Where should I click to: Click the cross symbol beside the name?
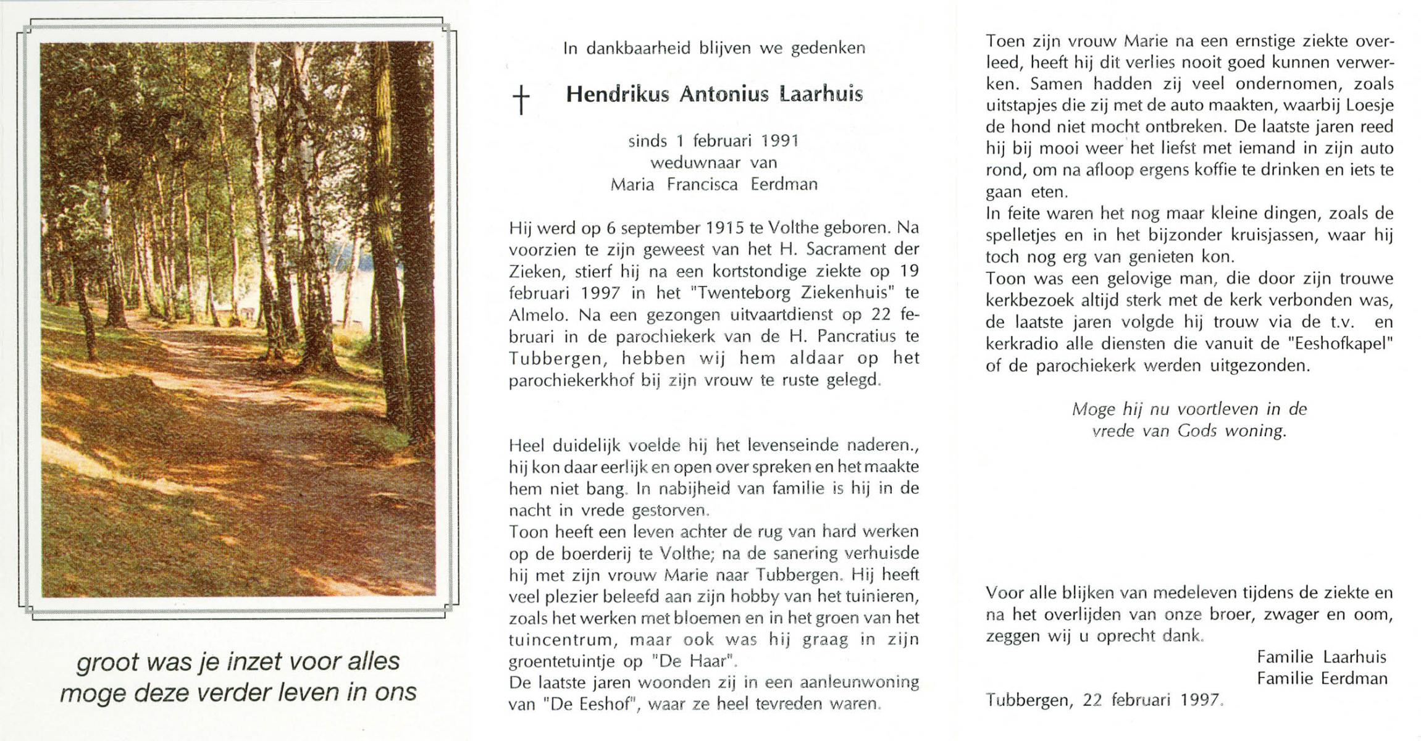522,100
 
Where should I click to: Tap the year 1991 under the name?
780,141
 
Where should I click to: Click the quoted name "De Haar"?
695,661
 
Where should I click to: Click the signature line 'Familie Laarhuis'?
1322,657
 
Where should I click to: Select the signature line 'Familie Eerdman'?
1322,679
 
